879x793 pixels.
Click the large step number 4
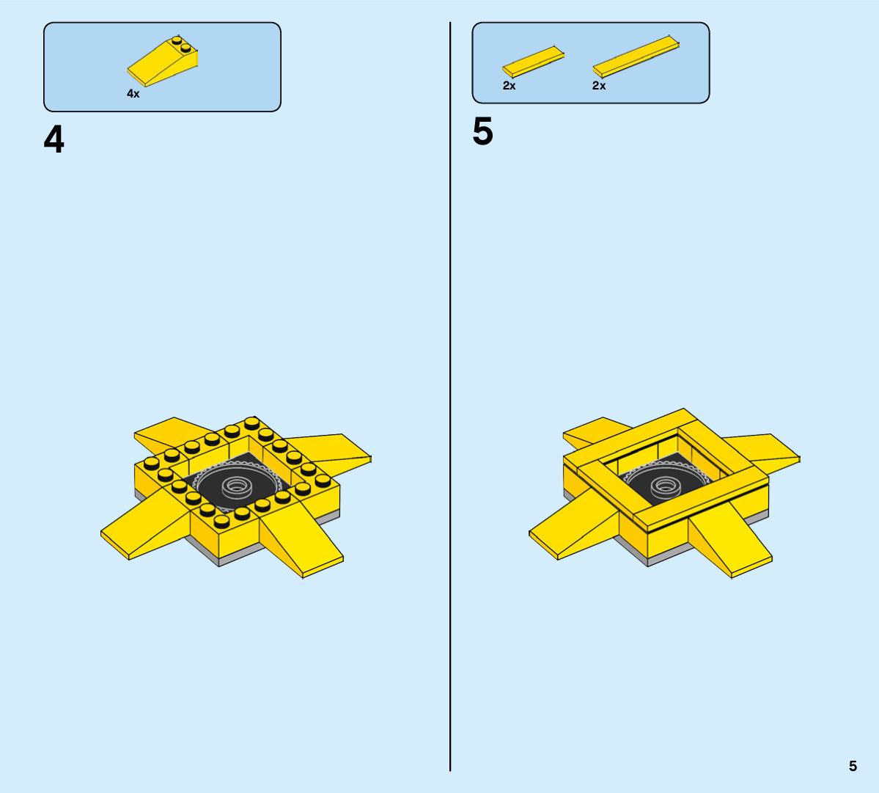(54, 139)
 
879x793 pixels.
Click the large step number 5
(482, 132)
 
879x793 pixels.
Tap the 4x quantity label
(133, 94)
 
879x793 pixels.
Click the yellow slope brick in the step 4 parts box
(163, 62)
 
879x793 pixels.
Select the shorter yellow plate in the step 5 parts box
(533, 62)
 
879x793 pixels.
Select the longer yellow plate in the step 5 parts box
(636, 56)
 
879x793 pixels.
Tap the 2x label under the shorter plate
(509, 86)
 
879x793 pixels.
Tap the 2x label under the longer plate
(599, 86)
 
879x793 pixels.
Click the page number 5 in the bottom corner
(853, 766)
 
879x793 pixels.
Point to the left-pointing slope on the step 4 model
(143, 525)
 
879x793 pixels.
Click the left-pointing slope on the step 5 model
(572, 525)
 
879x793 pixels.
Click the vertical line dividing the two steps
(450, 396)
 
